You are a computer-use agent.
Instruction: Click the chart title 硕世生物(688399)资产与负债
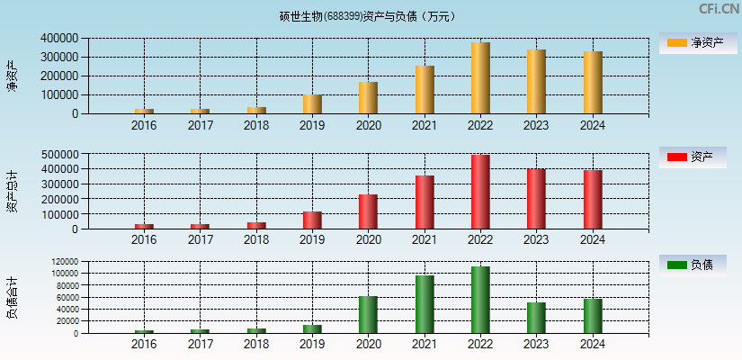(x=367, y=16)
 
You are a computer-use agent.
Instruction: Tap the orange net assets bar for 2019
(x=312, y=104)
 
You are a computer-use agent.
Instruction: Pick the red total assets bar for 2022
(x=480, y=192)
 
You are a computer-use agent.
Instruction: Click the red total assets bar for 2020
(x=368, y=211)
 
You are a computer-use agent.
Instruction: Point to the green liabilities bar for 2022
(x=480, y=300)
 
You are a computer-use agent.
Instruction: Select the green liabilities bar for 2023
(x=536, y=318)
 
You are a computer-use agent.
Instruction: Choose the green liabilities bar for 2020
(x=368, y=314)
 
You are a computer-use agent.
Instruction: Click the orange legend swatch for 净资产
(x=676, y=42)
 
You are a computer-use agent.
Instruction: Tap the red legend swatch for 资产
(x=676, y=157)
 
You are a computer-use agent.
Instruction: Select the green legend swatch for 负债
(x=676, y=265)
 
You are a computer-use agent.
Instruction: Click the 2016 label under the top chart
(x=143, y=125)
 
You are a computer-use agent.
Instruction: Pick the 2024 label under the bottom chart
(x=592, y=344)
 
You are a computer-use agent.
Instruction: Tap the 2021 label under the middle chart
(x=424, y=239)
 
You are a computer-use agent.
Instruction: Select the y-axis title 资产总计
(x=12, y=190)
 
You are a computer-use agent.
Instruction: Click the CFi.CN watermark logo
(x=718, y=9)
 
